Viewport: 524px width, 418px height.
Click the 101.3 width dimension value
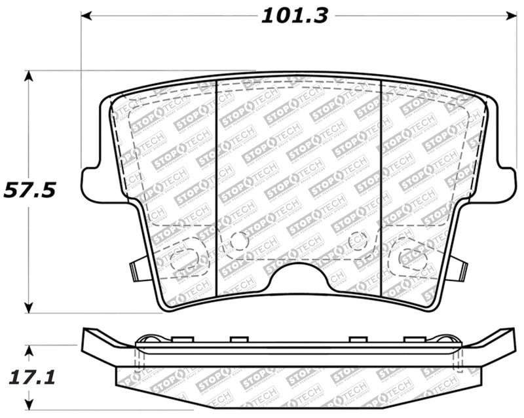coord(294,15)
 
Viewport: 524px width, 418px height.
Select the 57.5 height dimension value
coord(29,190)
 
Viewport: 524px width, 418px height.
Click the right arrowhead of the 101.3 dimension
coord(509,15)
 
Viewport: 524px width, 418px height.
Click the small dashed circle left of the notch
coord(238,241)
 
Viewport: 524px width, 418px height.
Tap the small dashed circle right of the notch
coord(358,241)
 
